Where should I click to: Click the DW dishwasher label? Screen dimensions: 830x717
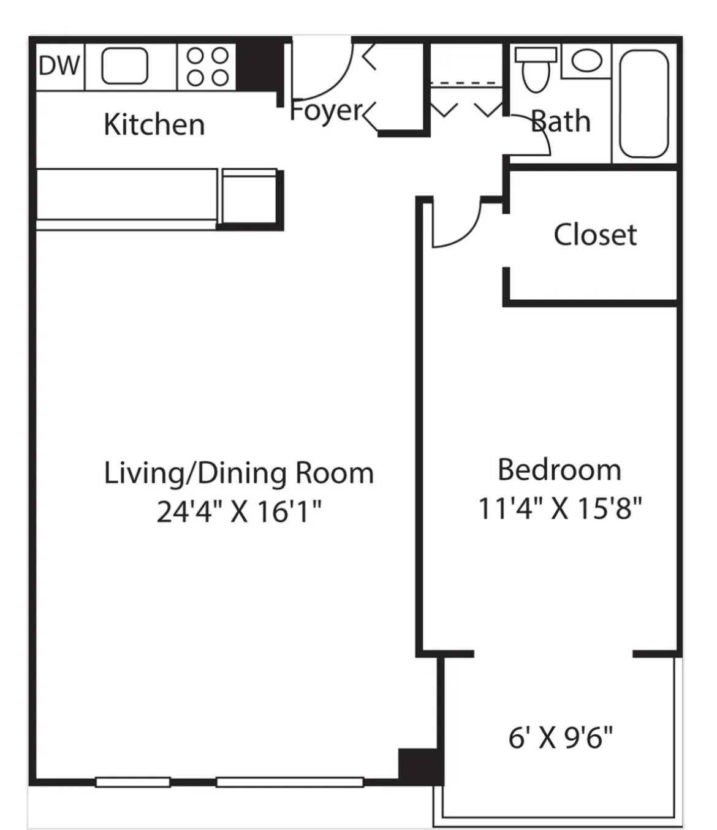click(x=59, y=66)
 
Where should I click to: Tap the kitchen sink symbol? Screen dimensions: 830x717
click(x=124, y=66)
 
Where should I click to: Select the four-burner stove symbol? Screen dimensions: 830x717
click(x=207, y=66)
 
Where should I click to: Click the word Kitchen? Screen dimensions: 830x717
click(x=154, y=125)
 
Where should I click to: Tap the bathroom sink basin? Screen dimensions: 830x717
click(x=586, y=61)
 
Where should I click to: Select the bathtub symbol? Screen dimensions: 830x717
click(x=643, y=103)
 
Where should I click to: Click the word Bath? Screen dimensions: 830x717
click(x=561, y=121)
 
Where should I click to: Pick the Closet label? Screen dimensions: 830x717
click(x=595, y=235)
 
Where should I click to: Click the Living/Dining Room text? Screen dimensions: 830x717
click(x=238, y=473)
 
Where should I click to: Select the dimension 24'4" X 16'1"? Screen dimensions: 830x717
click(x=238, y=511)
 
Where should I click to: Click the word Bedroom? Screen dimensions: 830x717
click(x=559, y=470)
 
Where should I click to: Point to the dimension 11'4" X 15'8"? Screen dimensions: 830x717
click(x=559, y=508)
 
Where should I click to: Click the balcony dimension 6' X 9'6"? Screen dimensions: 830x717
click(x=560, y=738)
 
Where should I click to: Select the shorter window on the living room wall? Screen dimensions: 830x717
click(x=133, y=782)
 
